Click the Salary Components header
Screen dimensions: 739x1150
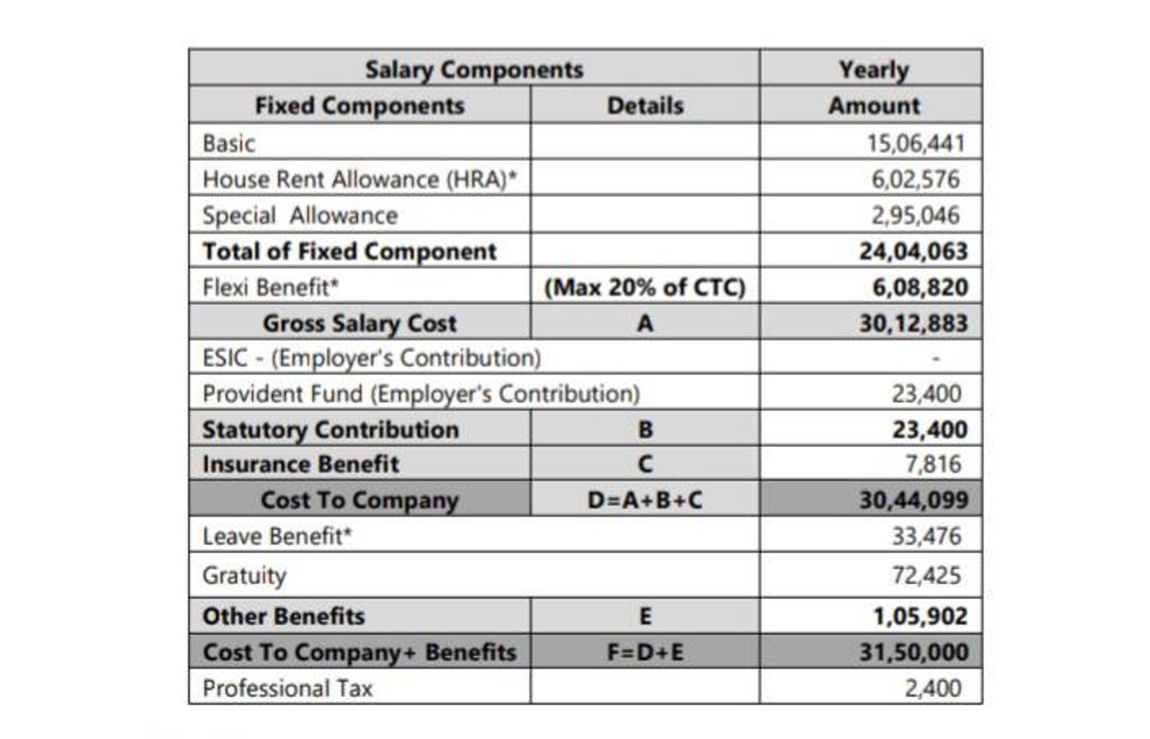(474, 70)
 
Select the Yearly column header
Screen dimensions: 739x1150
(873, 70)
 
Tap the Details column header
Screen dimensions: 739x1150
(645, 106)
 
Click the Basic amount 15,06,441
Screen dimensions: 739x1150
(915, 143)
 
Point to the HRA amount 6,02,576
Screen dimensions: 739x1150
(915, 179)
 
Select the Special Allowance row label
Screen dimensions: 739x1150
(300, 216)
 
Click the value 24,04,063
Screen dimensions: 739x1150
(913, 251)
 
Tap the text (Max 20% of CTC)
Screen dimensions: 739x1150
(645, 287)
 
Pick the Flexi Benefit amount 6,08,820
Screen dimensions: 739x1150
(920, 287)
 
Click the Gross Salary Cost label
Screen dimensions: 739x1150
(359, 323)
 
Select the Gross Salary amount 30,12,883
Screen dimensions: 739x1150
(913, 323)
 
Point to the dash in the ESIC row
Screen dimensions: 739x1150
(935, 358)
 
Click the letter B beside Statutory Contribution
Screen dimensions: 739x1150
(645, 430)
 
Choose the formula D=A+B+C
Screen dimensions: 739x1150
(645, 500)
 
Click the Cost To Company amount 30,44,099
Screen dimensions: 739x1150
(913, 500)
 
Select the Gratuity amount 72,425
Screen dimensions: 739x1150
(927, 575)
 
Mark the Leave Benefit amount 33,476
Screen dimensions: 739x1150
(927, 536)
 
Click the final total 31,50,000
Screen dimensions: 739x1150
(913, 652)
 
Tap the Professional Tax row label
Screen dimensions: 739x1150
(287, 688)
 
